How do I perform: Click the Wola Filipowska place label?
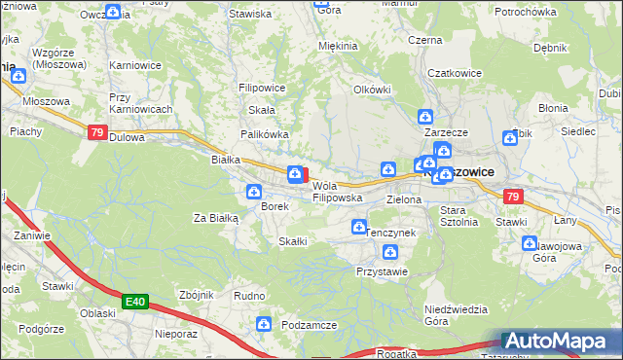pos(337,192)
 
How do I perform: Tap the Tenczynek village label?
pos(389,234)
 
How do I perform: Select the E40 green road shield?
pos(135,303)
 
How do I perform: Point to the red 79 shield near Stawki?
pos(514,198)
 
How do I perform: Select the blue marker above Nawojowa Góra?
pos(530,243)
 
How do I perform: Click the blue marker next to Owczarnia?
pos(112,12)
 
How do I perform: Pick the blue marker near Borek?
pos(254,192)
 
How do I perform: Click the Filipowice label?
pos(261,88)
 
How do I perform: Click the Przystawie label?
pos(382,271)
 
